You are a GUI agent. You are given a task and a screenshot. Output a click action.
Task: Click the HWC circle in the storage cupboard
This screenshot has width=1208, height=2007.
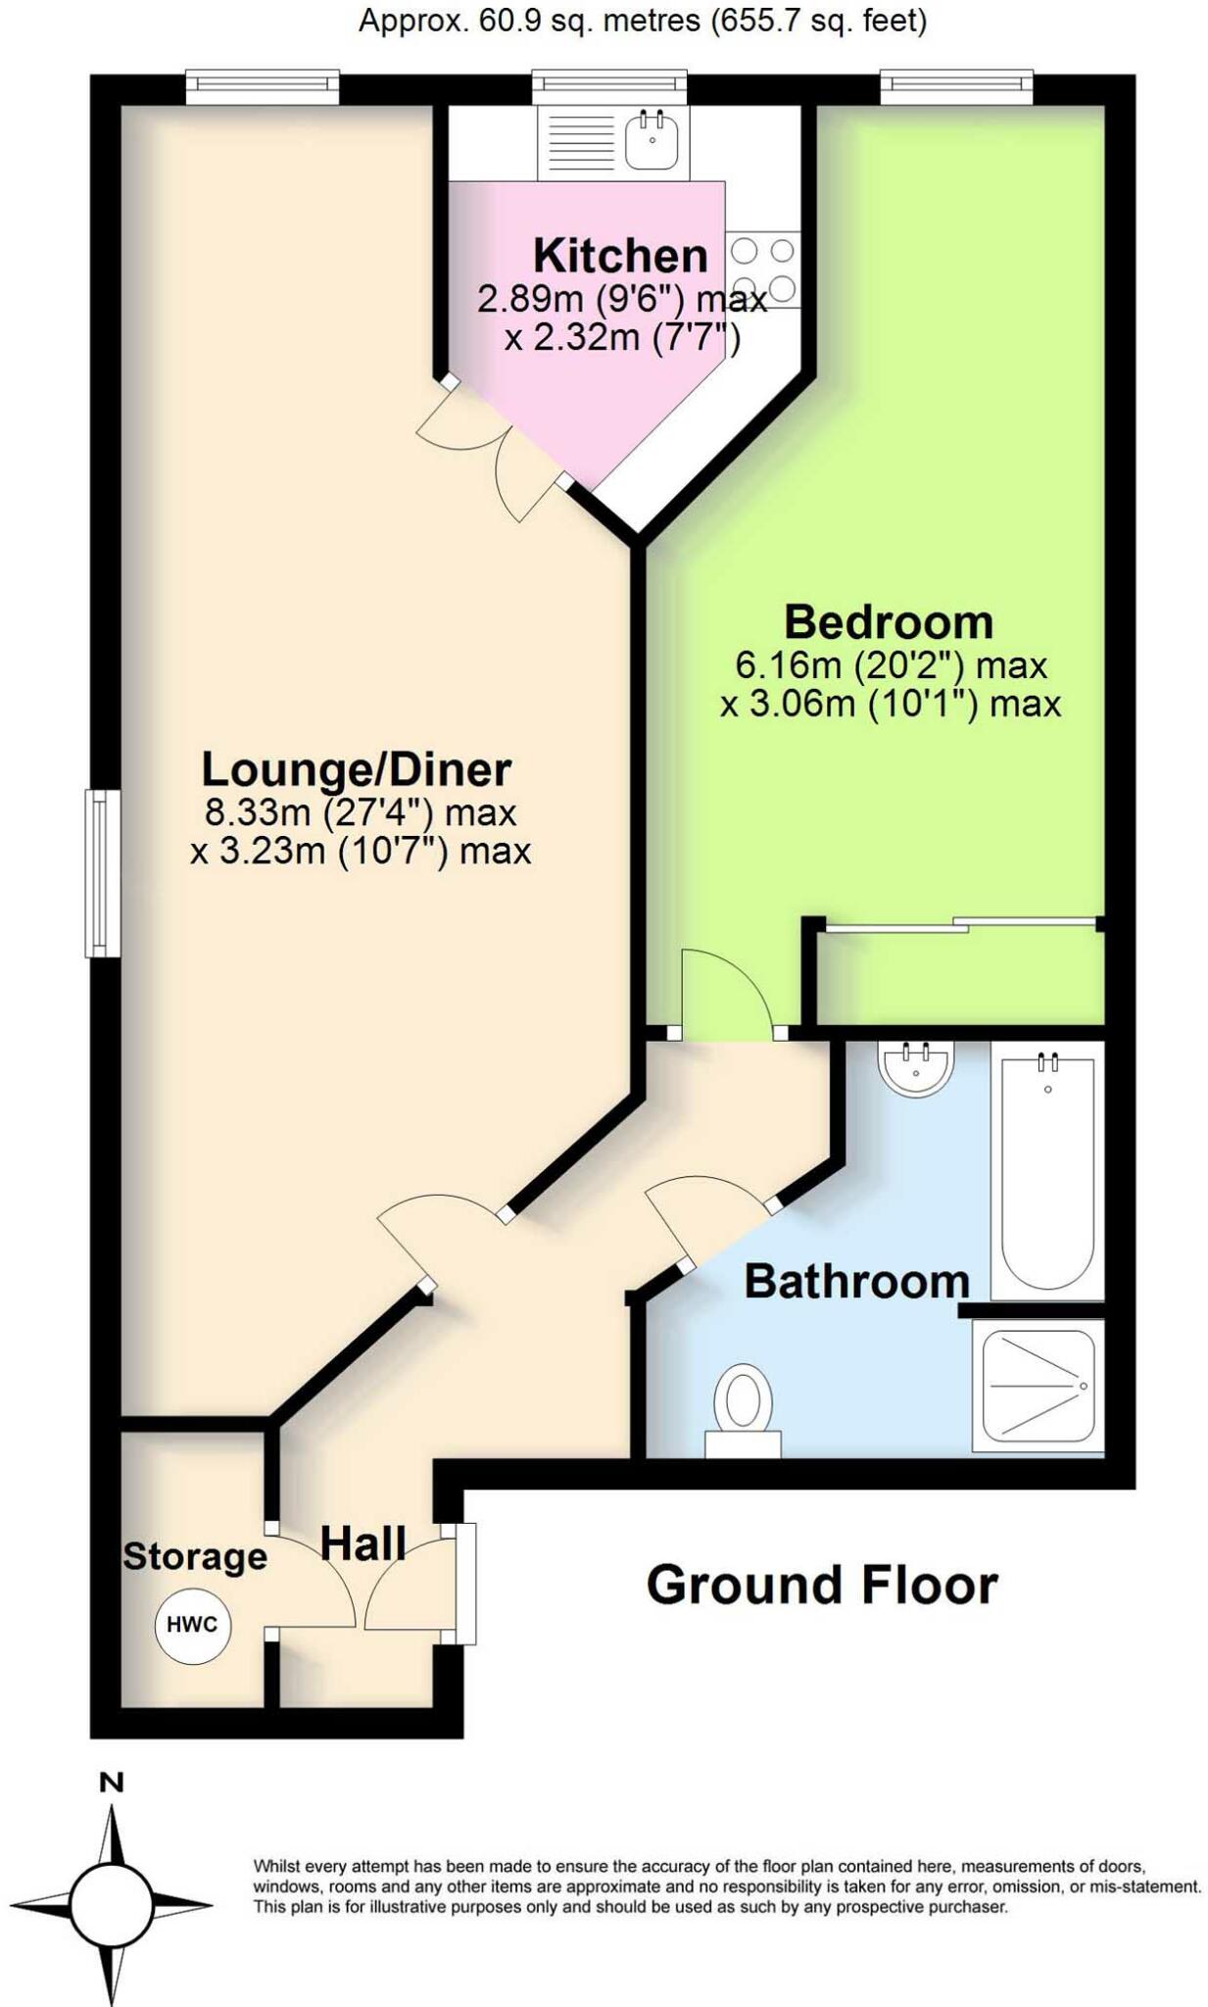(x=192, y=1625)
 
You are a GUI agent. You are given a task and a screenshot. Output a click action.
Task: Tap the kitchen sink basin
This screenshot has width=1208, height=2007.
(x=652, y=139)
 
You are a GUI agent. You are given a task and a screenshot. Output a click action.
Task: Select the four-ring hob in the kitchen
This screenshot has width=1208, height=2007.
(x=763, y=269)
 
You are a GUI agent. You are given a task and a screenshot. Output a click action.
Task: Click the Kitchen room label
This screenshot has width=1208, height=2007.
(x=620, y=256)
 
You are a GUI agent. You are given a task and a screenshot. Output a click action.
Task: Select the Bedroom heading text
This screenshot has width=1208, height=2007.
(x=889, y=622)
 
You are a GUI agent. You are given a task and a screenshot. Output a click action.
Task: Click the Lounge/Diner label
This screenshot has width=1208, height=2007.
(x=356, y=770)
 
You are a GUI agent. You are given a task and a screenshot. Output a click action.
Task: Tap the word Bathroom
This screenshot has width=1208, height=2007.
(x=856, y=1282)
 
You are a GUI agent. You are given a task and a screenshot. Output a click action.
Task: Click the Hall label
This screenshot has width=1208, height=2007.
(x=363, y=1544)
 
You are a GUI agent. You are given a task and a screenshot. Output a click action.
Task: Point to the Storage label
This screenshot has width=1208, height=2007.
(x=195, y=1556)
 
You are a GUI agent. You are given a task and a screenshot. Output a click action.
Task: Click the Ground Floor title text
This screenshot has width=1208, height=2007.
(x=821, y=1585)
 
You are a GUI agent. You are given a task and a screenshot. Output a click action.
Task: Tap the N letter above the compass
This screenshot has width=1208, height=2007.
(x=112, y=1783)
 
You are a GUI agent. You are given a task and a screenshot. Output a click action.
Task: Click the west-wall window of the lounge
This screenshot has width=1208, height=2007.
(x=100, y=873)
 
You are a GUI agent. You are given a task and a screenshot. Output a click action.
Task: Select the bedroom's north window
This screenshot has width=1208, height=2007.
(x=956, y=87)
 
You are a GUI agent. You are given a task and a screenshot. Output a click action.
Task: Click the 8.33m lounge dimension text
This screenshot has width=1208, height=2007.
(x=360, y=812)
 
